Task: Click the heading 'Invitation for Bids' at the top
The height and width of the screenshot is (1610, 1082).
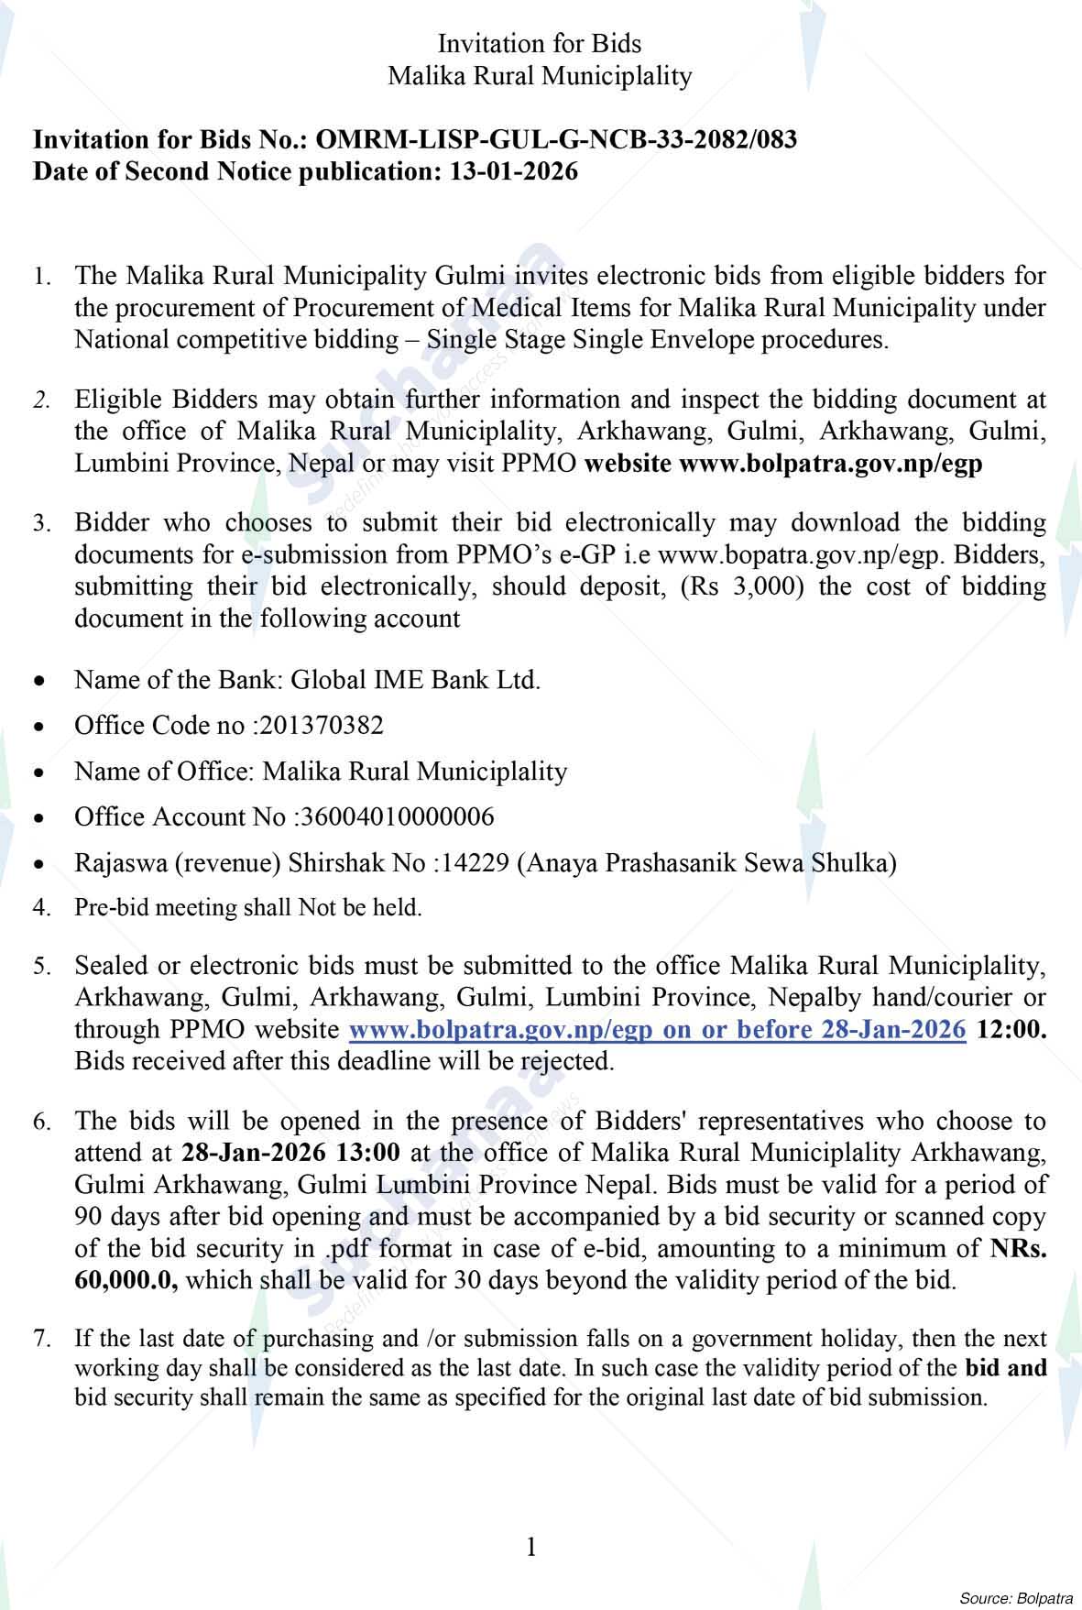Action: (x=540, y=43)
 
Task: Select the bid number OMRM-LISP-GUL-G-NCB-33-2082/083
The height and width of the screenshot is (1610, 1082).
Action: (x=556, y=139)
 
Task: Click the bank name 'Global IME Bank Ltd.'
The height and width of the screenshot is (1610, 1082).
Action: (x=415, y=680)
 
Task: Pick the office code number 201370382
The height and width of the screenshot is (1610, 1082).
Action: (x=322, y=726)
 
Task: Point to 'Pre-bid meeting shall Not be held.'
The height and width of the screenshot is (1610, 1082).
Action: (x=247, y=908)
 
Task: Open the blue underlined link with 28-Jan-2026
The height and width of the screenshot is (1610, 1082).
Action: (x=658, y=1029)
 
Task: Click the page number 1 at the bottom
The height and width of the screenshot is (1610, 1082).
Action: (x=531, y=1548)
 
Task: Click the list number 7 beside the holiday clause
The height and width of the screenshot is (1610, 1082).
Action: (x=41, y=1339)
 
